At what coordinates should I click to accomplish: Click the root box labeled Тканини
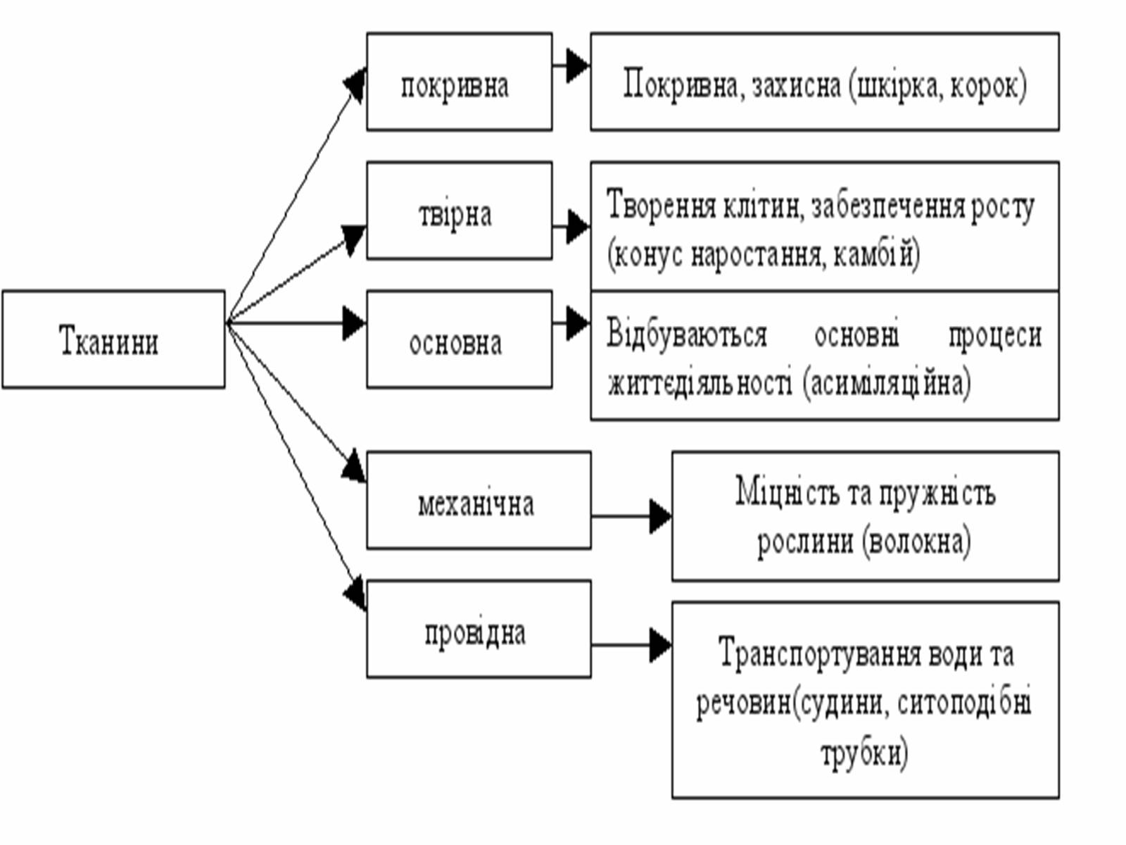click(x=113, y=339)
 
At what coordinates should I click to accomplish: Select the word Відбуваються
click(x=687, y=335)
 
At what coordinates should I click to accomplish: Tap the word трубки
click(x=864, y=753)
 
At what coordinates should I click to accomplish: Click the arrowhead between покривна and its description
click(x=577, y=65)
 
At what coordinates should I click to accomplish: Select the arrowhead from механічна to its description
click(x=659, y=516)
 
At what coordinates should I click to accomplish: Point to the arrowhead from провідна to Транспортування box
click(x=659, y=645)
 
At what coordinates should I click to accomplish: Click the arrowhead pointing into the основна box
click(x=353, y=323)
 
